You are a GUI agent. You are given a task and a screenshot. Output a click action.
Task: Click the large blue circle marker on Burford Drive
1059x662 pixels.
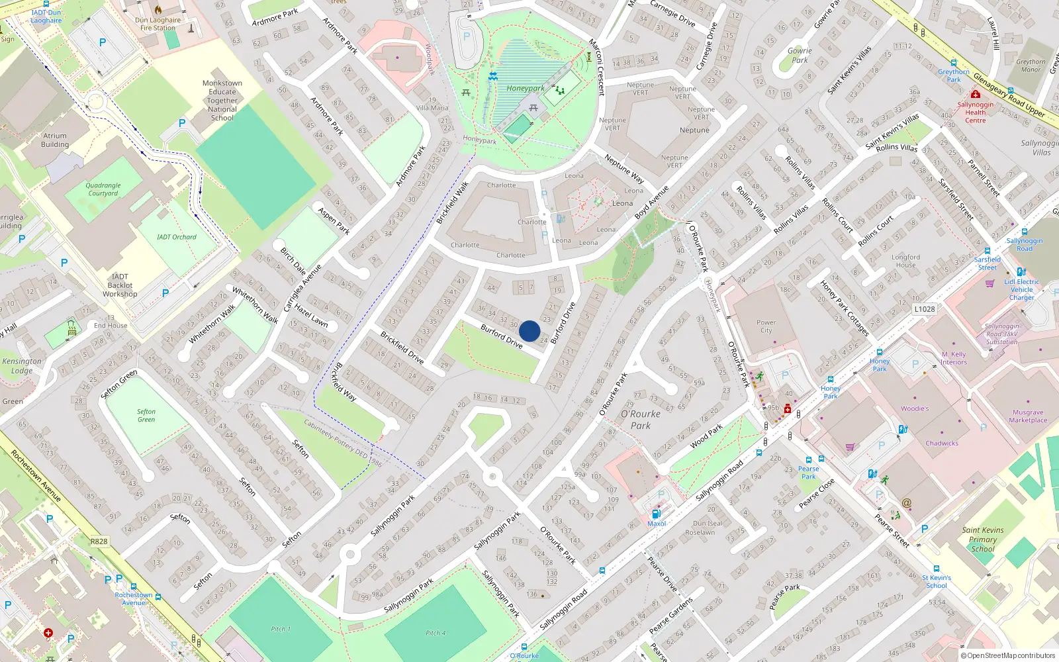(529, 331)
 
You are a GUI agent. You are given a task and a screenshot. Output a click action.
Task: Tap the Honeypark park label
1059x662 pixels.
(525, 89)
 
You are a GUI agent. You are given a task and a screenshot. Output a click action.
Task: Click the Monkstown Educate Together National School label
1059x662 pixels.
(222, 101)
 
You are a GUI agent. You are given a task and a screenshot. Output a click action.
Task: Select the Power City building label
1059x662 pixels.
(766, 326)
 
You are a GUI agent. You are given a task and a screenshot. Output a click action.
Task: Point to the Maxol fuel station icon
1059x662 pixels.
(656, 514)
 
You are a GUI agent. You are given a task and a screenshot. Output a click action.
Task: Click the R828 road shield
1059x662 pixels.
(99, 542)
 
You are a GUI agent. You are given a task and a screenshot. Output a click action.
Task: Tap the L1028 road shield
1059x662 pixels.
(924, 309)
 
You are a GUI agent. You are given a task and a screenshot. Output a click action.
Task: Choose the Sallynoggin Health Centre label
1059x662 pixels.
(975, 113)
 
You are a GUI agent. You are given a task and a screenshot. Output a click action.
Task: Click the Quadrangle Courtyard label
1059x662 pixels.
(103, 190)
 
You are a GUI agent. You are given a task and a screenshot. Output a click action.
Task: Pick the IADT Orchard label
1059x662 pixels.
(177, 237)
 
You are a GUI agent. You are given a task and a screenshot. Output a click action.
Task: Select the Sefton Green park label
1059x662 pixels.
(146, 416)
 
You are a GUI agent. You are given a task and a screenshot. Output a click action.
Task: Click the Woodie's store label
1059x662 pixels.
(915, 408)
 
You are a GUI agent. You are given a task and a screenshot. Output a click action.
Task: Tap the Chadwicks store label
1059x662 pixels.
(942, 444)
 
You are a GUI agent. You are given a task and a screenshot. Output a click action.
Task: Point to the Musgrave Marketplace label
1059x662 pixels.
(1028, 416)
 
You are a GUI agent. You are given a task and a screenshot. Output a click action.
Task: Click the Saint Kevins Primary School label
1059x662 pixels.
(983, 540)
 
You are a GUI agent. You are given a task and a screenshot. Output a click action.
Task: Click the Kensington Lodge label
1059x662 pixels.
(22, 366)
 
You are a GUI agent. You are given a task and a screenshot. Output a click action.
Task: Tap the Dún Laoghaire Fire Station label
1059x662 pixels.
(159, 24)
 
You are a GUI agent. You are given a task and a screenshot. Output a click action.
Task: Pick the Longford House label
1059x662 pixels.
(905, 261)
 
